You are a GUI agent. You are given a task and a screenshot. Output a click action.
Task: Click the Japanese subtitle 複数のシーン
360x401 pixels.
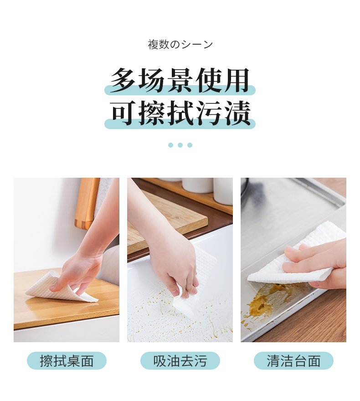(180, 45)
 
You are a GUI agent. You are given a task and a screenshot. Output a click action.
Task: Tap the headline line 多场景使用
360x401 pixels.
(180, 80)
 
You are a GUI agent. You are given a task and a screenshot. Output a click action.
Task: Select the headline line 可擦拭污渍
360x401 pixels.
(180, 113)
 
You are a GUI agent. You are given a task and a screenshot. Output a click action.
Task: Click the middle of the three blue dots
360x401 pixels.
(180, 145)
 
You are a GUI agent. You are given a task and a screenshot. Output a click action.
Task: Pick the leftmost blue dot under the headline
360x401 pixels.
(170, 145)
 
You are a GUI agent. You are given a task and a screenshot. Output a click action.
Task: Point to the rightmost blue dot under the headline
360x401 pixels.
(190, 145)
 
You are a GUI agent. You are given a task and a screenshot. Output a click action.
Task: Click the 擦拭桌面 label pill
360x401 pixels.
(67, 360)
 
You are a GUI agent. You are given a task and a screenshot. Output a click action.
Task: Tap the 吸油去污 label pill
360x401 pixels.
(180, 360)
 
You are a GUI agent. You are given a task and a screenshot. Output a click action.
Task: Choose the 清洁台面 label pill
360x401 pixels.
(293, 360)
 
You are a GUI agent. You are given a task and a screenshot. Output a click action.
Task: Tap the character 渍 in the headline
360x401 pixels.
(237, 113)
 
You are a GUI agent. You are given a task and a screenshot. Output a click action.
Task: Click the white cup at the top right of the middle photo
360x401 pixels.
(223, 191)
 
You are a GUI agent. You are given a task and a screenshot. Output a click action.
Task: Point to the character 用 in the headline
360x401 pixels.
(237, 80)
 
